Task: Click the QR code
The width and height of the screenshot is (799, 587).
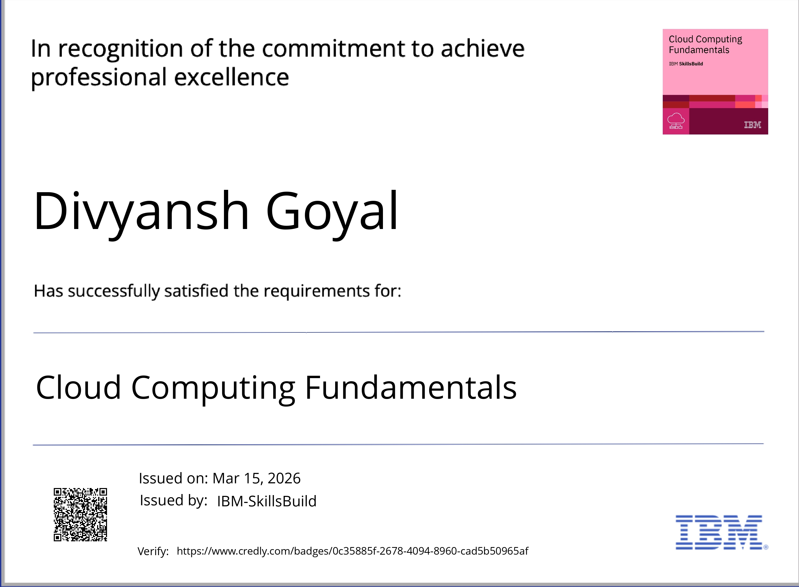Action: coord(80,514)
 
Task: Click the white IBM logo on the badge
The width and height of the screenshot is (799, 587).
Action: coord(753,125)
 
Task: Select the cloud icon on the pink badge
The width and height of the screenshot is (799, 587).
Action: coord(676,121)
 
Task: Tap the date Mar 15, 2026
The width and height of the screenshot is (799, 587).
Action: coord(256,478)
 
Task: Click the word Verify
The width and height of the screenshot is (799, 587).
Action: coord(153,551)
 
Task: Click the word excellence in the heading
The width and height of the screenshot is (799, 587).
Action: coord(232,77)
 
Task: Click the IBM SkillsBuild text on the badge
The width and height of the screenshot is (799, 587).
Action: coord(686,64)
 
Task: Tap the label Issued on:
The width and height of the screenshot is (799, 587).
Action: coord(173,478)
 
